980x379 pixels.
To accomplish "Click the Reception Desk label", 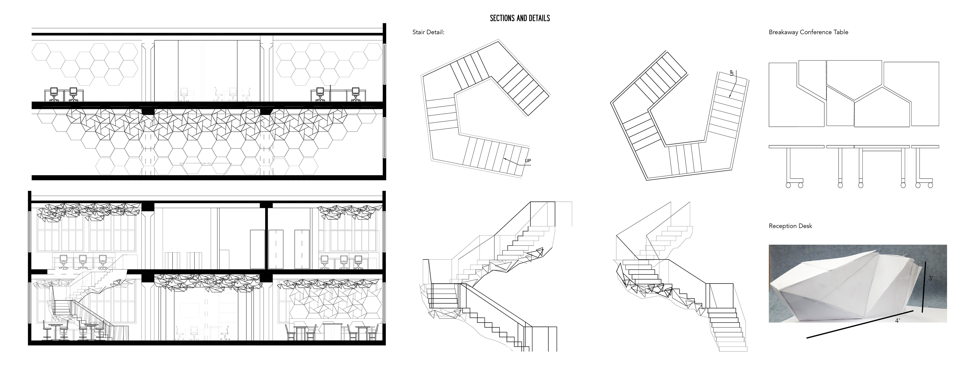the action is click(x=790, y=226).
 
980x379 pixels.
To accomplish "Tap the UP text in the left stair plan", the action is click(x=528, y=161).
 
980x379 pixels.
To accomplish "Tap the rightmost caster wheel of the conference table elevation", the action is click(x=930, y=185).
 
